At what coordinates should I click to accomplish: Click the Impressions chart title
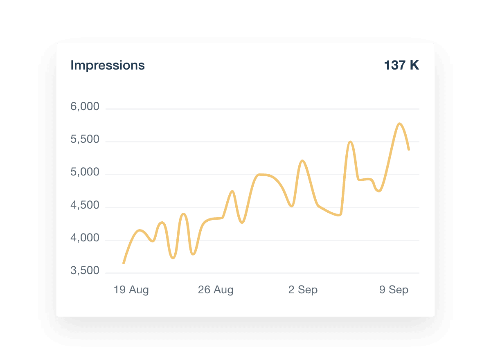[108, 65]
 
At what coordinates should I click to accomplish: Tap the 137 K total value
[401, 65]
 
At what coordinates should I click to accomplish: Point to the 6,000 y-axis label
[85, 107]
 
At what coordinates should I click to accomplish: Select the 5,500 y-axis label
[85, 139]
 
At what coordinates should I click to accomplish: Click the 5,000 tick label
[85, 172]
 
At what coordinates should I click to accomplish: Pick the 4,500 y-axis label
[85, 205]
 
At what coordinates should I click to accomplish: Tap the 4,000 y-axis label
[85, 238]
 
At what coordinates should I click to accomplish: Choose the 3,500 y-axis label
[85, 270]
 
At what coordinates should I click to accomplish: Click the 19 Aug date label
[131, 290]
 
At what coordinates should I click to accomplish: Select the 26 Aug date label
[216, 290]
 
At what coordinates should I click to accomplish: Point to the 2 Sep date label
[303, 290]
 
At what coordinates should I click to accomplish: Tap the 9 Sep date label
[394, 290]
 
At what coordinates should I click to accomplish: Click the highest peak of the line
[399, 124]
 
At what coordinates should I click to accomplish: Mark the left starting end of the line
[124, 263]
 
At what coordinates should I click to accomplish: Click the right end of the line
[409, 150]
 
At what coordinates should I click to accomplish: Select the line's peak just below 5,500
[350, 142]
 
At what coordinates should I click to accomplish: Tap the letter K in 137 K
[414, 65]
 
